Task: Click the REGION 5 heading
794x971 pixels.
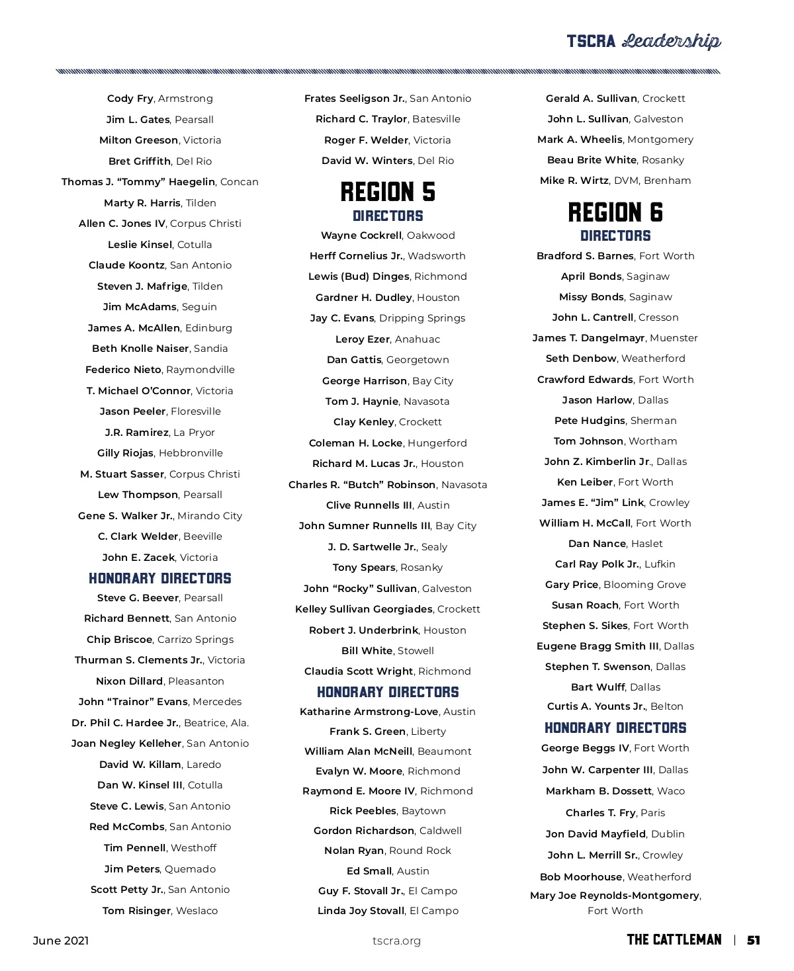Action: [388, 192]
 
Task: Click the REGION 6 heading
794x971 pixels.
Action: [615, 212]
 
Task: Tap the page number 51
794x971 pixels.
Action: [754, 941]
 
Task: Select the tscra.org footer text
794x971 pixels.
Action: [396, 941]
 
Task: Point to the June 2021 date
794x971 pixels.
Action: [61, 941]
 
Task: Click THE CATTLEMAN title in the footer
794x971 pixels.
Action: [674, 940]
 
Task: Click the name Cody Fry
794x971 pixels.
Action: [130, 99]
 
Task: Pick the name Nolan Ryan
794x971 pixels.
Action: [354, 851]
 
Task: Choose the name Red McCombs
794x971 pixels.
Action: [127, 827]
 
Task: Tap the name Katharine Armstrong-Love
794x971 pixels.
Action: [369, 712]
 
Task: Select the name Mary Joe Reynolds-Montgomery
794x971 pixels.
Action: [614, 896]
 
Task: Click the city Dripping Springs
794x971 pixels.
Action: [422, 318]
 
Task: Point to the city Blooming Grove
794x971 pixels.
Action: [644, 585]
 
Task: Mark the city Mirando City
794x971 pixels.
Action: [210, 516]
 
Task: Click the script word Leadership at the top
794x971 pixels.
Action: [672, 42]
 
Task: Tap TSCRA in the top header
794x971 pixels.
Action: [591, 42]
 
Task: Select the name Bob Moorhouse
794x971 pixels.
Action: [581, 877]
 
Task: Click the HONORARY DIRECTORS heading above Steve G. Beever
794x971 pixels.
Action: [160, 579]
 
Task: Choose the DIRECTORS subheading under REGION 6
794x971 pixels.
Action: [615, 236]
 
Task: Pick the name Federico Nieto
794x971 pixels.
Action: [123, 370]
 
